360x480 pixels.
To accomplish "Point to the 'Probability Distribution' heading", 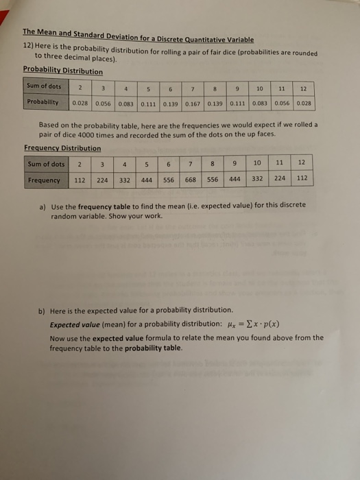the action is (x=62, y=70).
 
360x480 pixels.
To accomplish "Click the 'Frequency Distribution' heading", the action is (x=62, y=148).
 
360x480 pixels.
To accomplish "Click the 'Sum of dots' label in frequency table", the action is (x=47, y=165).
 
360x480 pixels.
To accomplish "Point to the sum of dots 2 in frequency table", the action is (x=80, y=165).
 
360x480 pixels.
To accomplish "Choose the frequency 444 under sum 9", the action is (x=235, y=180).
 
